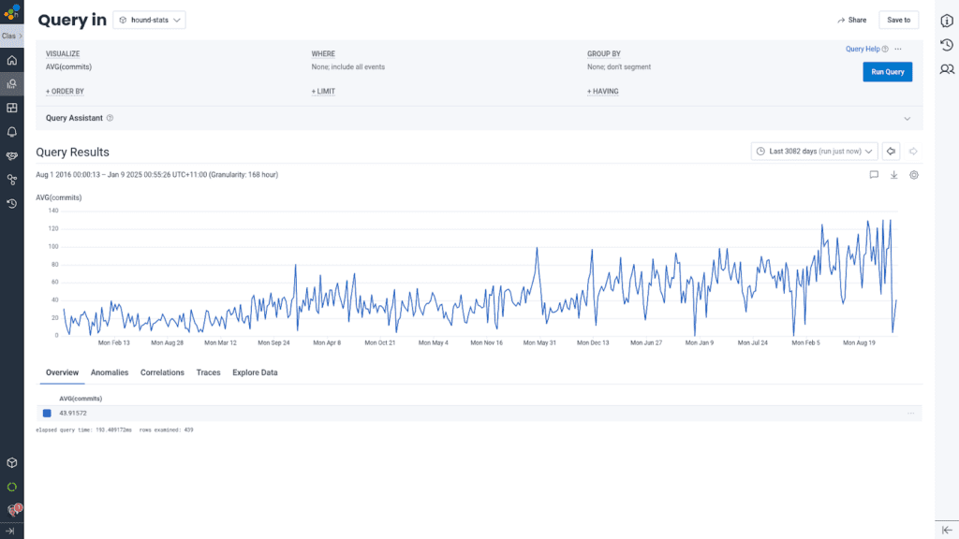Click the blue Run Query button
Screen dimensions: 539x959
click(x=887, y=72)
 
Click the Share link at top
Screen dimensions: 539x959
click(x=852, y=20)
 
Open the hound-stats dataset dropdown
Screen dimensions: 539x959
click(x=149, y=20)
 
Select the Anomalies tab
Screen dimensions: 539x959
click(x=110, y=372)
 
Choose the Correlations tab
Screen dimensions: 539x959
click(x=162, y=372)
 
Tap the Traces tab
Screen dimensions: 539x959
click(x=208, y=372)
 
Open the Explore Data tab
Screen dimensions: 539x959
click(x=255, y=372)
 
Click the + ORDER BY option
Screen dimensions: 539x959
click(x=65, y=92)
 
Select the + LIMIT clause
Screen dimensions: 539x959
click(x=323, y=92)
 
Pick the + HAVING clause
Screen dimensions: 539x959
click(x=602, y=92)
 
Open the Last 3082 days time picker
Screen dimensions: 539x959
click(x=814, y=152)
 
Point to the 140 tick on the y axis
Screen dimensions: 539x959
click(x=52, y=211)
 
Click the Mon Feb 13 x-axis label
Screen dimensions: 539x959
click(x=114, y=343)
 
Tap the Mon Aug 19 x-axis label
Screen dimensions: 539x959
click(x=861, y=343)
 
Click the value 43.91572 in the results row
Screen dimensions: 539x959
click(x=73, y=414)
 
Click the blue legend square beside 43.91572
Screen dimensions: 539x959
click(x=47, y=414)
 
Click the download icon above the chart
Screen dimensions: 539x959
click(x=893, y=175)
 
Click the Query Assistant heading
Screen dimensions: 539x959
click(x=74, y=118)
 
